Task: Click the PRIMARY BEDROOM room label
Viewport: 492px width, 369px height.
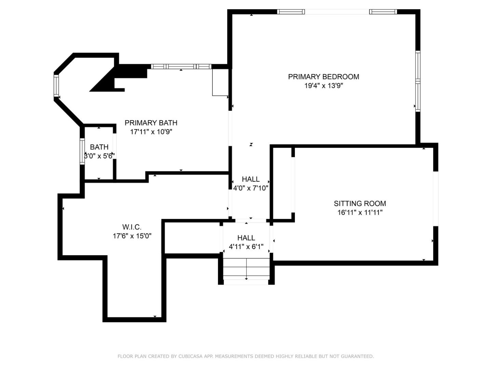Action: coord(324,77)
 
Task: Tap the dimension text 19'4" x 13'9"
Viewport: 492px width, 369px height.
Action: coord(324,86)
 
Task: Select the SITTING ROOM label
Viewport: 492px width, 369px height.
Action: coord(360,204)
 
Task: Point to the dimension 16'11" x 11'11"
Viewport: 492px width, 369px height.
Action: coord(360,213)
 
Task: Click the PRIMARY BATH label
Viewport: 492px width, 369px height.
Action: coord(151,123)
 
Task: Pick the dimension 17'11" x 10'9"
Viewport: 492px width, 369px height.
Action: coord(151,132)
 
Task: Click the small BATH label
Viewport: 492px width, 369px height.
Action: coord(99,147)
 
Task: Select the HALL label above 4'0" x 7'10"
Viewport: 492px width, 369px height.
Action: coord(250,179)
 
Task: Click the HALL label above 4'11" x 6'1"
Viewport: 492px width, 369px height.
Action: coord(246,238)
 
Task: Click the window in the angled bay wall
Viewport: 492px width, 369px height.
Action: coord(56,85)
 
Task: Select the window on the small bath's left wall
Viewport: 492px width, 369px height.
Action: coord(82,151)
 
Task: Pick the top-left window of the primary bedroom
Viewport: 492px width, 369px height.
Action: coord(290,12)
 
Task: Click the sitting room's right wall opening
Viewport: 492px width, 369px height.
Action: coord(436,199)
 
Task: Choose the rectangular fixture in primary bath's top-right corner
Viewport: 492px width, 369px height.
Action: coord(220,82)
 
